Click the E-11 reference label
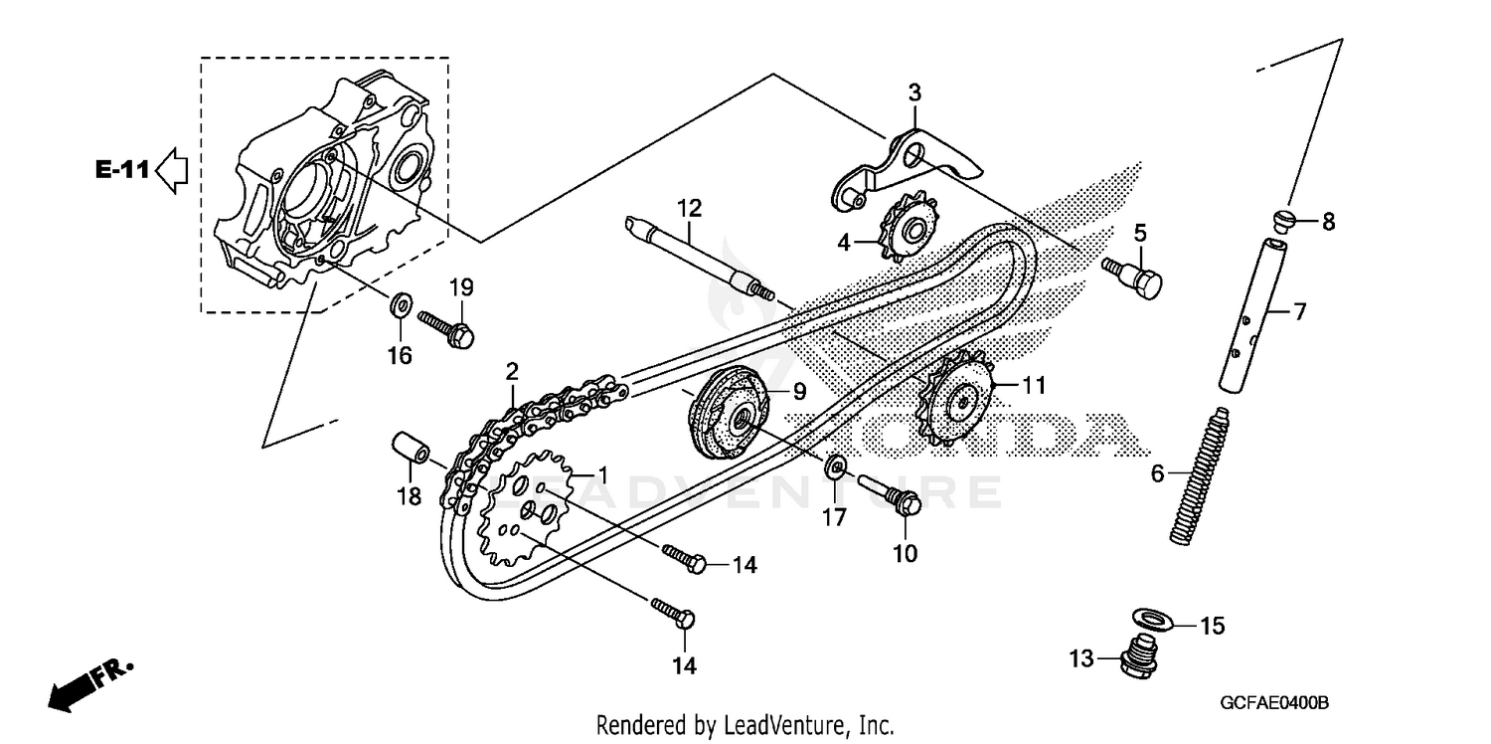pos(122,170)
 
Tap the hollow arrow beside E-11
pos(173,170)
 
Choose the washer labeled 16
pos(401,302)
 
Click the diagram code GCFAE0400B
pos(1273,703)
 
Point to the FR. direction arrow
pos(89,684)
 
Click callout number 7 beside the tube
pos(1298,311)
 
